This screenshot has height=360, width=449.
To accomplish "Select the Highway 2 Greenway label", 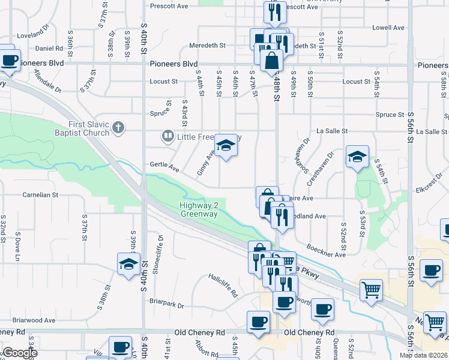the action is (x=200, y=209).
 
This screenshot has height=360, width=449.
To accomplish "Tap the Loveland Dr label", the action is (x=32, y=30).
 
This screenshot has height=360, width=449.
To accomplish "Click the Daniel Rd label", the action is (x=49, y=49).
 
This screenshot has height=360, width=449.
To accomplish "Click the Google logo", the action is (x=20, y=353).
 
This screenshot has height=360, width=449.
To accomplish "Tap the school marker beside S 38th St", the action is (x=128, y=263).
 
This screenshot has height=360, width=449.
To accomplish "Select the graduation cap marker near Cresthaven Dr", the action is (x=357, y=157).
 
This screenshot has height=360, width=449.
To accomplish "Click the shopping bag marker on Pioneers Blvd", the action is (x=272, y=60).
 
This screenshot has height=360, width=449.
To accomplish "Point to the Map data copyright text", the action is (x=424, y=355).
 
